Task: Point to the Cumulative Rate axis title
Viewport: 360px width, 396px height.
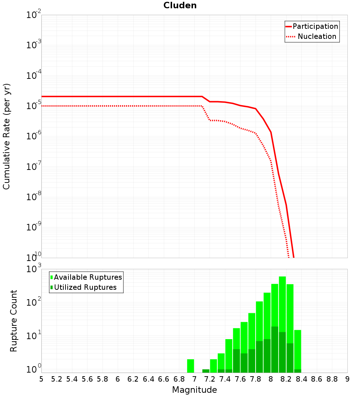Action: [x=6, y=136]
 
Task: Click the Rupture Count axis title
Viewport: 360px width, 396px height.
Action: [x=14, y=321]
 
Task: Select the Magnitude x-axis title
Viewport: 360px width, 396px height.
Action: [x=194, y=390]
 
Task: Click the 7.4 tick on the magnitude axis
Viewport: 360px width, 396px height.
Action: [x=225, y=379]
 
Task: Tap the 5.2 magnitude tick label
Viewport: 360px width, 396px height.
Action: [x=57, y=379]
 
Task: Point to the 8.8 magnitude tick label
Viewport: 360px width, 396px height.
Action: [x=332, y=379]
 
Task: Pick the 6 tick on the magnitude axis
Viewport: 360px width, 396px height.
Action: [x=118, y=379]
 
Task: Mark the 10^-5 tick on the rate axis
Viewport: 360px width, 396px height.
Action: [x=33, y=107]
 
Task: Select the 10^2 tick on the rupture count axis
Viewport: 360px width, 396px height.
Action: [x=33, y=302]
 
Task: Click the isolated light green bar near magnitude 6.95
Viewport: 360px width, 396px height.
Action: [x=190, y=366]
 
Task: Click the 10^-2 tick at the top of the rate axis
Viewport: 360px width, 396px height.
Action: [x=33, y=15]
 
